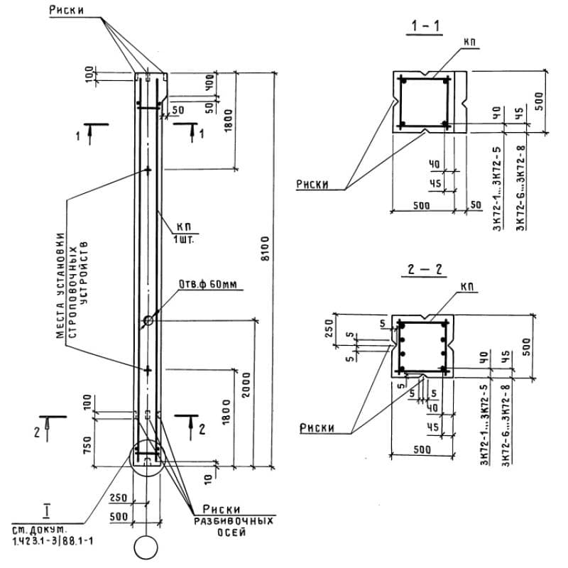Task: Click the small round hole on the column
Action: click(x=148, y=321)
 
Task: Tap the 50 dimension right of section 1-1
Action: click(x=476, y=205)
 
